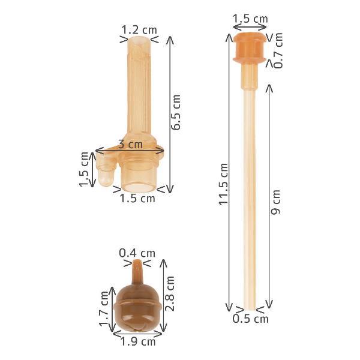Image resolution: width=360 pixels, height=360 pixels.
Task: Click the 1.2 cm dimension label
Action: pos(139,30)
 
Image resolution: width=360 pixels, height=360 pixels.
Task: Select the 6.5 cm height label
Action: pos(176,112)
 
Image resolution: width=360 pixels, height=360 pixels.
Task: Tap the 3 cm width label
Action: pos(130,144)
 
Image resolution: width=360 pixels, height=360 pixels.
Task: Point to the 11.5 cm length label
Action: pos(223,184)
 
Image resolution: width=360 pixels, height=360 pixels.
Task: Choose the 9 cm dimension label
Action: pos(275,202)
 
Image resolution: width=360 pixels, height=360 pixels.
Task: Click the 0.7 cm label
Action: pos(278,50)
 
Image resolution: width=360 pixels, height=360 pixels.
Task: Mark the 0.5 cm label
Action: pos(250,319)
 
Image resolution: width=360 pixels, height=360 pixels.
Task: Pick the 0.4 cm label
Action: pos(137,253)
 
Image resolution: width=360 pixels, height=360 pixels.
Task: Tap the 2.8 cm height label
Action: pos(170,293)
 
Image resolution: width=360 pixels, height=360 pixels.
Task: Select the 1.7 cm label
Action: pos(104,308)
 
